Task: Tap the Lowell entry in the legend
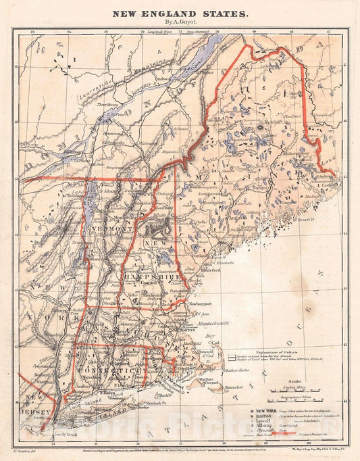pyautogui.click(x=260, y=424)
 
